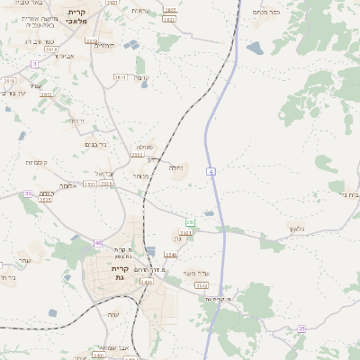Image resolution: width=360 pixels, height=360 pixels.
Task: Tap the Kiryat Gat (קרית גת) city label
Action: coord(121,274)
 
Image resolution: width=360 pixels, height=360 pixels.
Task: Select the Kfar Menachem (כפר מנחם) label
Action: coord(266,13)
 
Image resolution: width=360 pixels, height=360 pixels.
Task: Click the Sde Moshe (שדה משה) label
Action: coord(195,273)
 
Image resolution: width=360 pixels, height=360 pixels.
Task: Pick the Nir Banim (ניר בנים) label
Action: coord(94,144)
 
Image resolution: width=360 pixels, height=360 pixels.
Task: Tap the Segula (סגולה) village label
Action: coord(145,147)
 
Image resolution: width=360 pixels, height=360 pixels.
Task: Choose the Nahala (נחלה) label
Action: coord(178,166)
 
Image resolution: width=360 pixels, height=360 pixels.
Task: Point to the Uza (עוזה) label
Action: coord(112,315)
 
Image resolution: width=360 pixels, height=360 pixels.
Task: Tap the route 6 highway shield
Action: coord(211,169)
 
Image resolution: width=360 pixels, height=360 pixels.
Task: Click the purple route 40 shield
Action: coord(97,243)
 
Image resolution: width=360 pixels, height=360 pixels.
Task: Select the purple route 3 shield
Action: coord(34,64)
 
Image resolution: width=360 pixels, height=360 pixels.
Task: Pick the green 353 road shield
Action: coord(190,220)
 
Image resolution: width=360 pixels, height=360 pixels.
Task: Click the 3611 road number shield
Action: coord(120,77)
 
